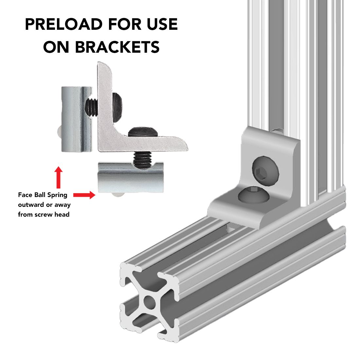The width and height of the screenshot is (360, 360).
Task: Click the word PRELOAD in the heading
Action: click(x=63, y=24)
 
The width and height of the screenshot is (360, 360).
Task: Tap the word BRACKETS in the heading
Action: click(x=117, y=47)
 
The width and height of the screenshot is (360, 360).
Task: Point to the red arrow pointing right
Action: click(x=84, y=195)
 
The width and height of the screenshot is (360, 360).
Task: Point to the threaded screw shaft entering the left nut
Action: click(x=91, y=107)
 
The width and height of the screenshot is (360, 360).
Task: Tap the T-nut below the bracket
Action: click(x=131, y=177)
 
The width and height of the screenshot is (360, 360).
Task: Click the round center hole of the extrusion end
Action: click(x=149, y=302)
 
